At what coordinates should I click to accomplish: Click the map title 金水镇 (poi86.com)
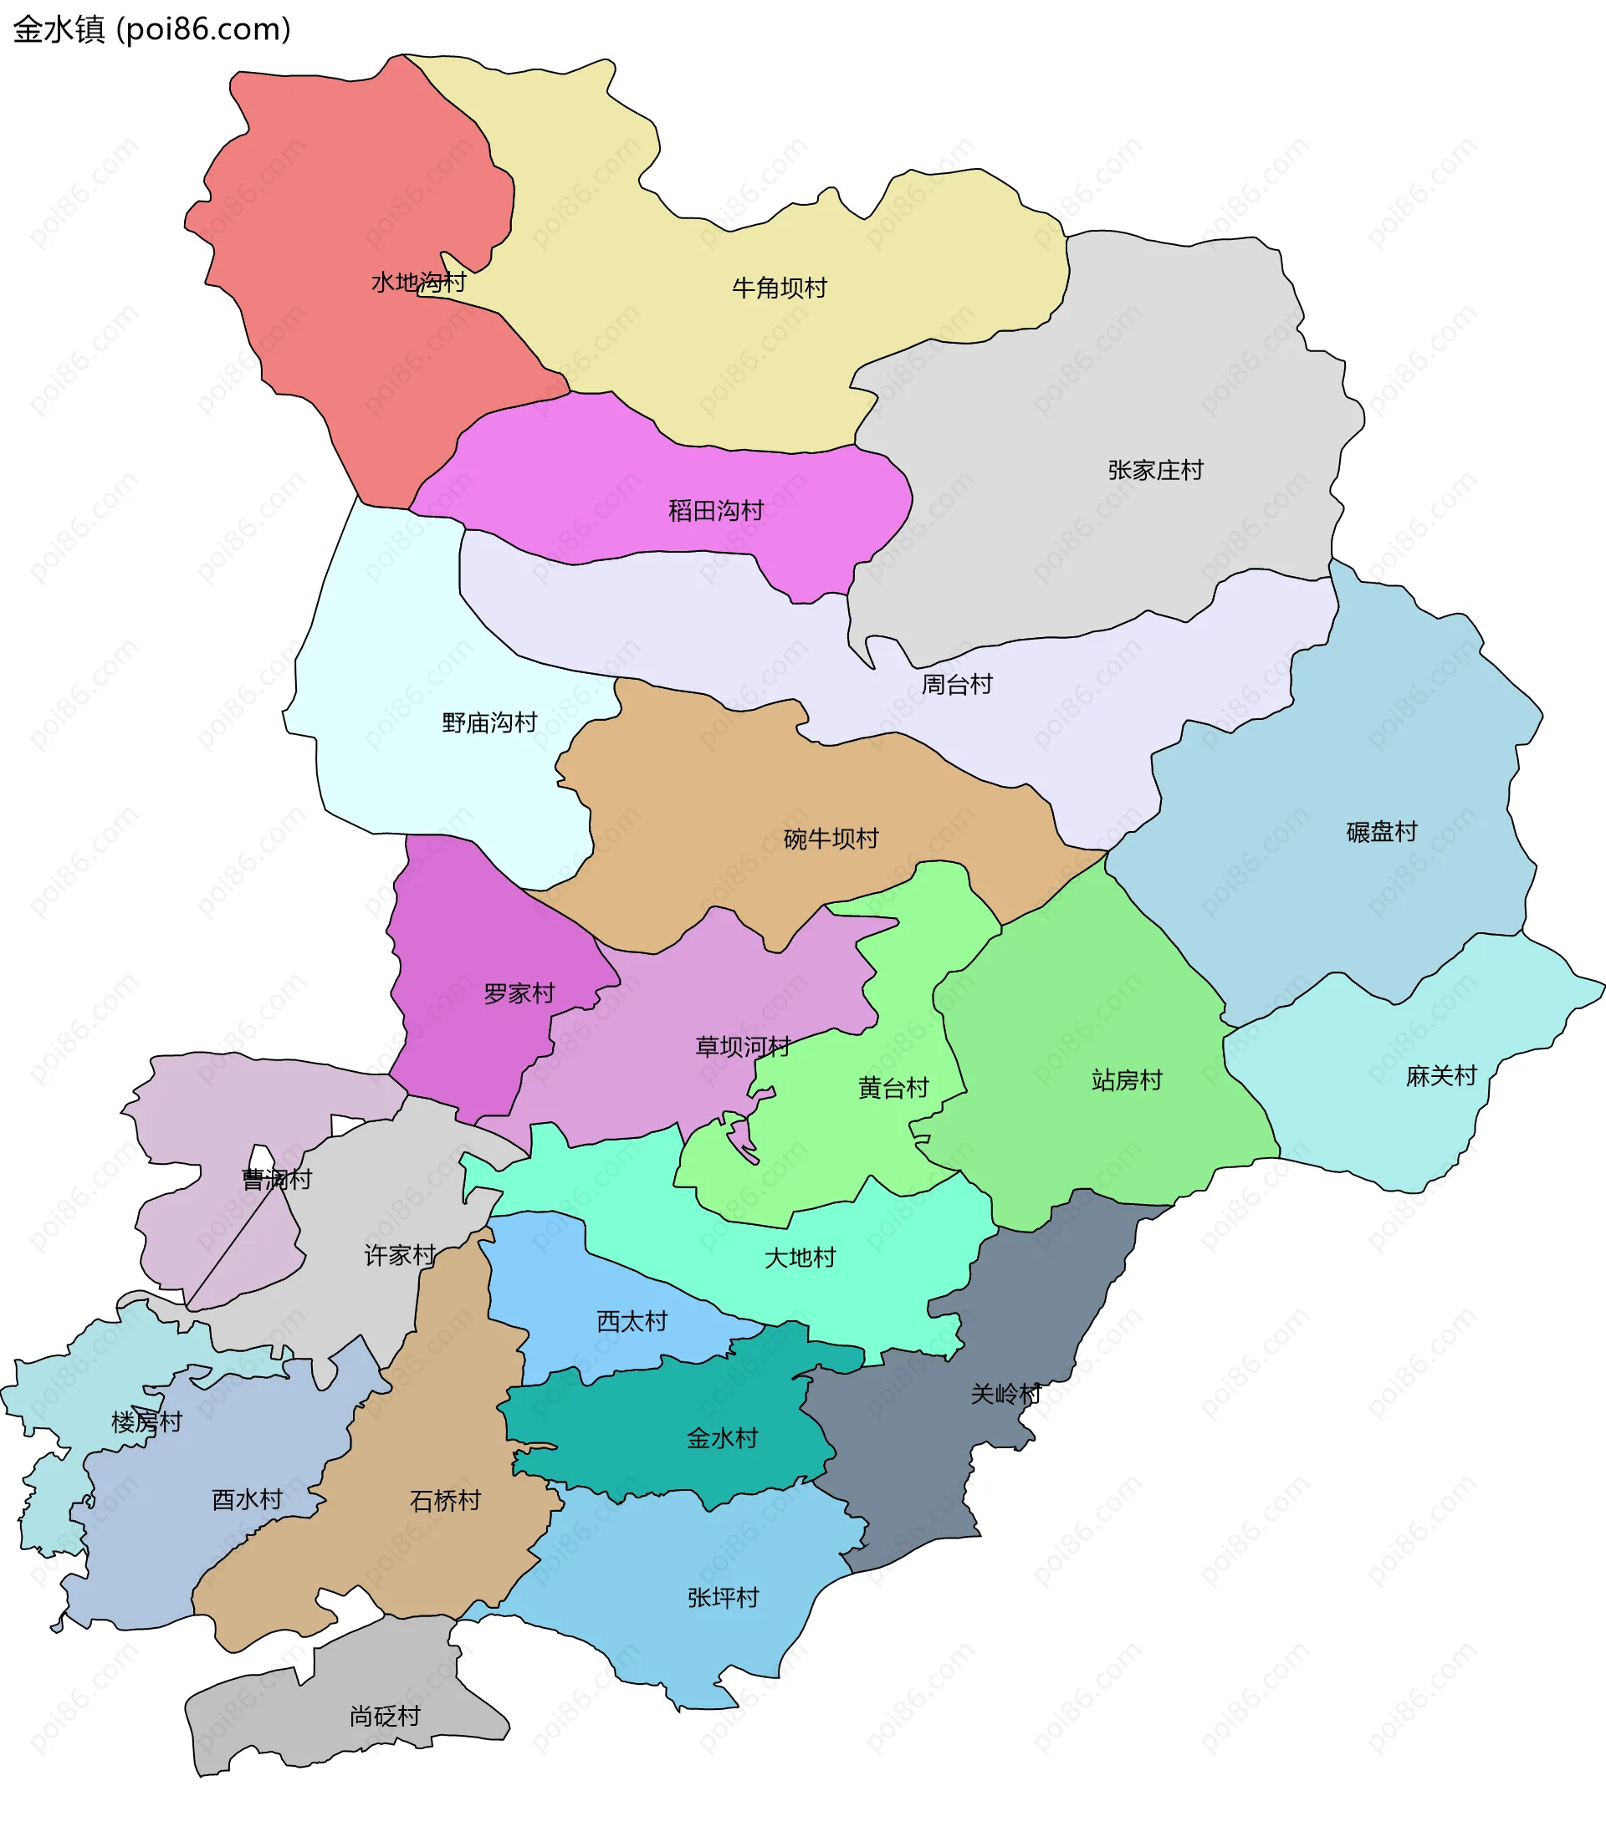click(x=151, y=29)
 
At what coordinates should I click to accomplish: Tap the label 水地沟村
click(x=418, y=282)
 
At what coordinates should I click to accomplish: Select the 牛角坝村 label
click(x=779, y=288)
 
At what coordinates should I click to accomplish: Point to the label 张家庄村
click(x=1155, y=470)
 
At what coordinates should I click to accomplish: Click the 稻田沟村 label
click(x=715, y=511)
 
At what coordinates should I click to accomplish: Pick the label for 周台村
click(x=957, y=685)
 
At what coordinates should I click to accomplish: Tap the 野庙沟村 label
click(x=489, y=722)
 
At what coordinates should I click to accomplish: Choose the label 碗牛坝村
click(x=831, y=839)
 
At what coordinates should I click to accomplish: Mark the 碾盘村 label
click(x=1381, y=831)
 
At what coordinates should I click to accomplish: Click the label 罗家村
click(x=519, y=993)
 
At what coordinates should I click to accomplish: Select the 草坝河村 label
click(x=743, y=1046)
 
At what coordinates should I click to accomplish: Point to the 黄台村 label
click(x=893, y=1088)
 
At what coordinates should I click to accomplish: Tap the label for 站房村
click(x=1127, y=1079)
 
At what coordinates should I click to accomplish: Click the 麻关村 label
click(x=1441, y=1075)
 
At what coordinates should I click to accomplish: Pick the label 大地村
click(x=800, y=1258)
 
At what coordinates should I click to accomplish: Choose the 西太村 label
click(x=632, y=1321)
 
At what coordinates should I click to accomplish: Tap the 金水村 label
click(x=723, y=1438)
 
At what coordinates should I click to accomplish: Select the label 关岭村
click(x=1005, y=1393)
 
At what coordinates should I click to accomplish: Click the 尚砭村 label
click(x=385, y=1716)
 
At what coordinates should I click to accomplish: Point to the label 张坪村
click(x=723, y=1596)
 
